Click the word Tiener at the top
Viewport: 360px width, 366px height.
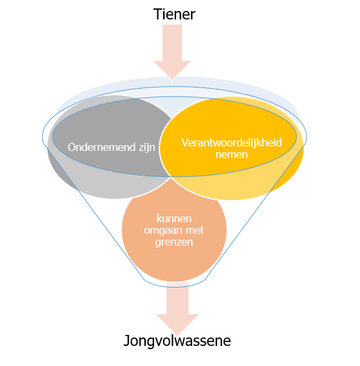pyautogui.click(x=174, y=14)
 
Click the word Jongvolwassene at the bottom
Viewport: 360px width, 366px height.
pyautogui.click(x=177, y=341)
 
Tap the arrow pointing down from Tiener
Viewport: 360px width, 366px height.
pyautogui.click(x=172, y=52)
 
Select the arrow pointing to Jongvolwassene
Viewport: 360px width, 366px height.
pyautogui.click(x=177, y=308)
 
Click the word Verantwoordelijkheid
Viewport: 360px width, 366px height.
pyautogui.click(x=232, y=143)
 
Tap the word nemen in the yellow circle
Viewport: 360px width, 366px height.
pyautogui.click(x=232, y=155)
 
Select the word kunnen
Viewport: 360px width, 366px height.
pyautogui.click(x=174, y=218)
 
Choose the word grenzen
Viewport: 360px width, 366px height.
pyautogui.click(x=174, y=242)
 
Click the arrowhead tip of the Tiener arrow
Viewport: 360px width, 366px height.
pyautogui.click(x=172, y=80)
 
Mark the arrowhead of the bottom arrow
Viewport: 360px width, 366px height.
pyautogui.click(x=177, y=325)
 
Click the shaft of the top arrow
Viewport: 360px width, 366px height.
pyautogui.click(x=172, y=43)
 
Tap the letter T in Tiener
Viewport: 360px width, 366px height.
pyautogui.click(x=157, y=14)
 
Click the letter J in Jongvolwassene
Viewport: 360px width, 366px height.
pyautogui.click(x=126, y=341)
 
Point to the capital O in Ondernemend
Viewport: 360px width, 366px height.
pyautogui.click(x=72, y=148)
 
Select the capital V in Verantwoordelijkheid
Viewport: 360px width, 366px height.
pyautogui.click(x=185, y=143)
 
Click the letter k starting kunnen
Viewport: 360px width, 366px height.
pyautogui.click(x=159, y=218)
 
